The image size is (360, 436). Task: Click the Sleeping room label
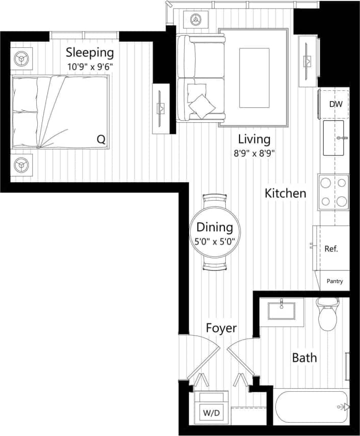(90, 52)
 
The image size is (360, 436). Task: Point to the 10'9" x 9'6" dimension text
(90, 66)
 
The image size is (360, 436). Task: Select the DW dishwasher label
(335, 104)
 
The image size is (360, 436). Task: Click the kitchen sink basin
(334, 138)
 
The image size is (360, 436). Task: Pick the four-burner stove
(333, 192)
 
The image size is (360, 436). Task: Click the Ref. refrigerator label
(331, 249)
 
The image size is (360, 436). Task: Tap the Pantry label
(335, 281)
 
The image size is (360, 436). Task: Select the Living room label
(254, 139)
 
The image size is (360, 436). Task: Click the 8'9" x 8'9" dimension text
(254, 153)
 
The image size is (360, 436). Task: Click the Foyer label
(221, 328)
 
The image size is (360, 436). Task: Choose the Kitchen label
(286, 193)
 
